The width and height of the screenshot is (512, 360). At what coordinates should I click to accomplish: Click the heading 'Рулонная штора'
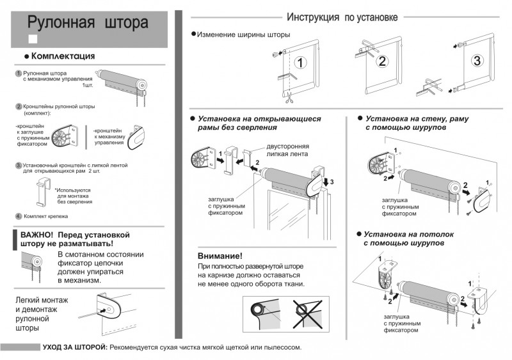point(88,22)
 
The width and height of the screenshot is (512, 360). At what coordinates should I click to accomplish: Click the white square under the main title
point(33,39)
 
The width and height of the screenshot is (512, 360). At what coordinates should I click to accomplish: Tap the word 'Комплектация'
point(63,56)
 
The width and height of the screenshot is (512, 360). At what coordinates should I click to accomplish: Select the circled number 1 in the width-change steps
point(300,62)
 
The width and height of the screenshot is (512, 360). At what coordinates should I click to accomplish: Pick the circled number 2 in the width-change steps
point(382,61)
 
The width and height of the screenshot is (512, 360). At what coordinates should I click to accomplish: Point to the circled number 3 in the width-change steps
point(477,61)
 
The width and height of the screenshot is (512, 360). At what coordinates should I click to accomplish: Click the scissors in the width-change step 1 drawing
point(289,98)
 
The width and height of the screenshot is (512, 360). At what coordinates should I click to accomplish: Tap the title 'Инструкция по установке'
point(342,17)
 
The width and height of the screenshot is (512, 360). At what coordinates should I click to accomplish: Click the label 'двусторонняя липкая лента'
point(287,150)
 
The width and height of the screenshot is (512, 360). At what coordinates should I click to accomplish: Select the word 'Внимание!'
point(220,256)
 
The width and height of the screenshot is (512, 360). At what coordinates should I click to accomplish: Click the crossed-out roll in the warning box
point(307,314)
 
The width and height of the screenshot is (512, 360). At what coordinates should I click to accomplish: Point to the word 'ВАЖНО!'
point(36,235)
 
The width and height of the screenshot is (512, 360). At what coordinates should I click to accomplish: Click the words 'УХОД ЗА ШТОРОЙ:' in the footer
point(75,347)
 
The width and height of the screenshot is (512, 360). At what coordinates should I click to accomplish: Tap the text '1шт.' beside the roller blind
point(88,85)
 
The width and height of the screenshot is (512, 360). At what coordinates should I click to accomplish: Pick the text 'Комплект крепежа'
point(45,216)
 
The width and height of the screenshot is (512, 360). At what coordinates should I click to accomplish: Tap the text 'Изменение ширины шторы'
point(244,35)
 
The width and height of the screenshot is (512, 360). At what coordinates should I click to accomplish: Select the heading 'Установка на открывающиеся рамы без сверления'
point(259,123)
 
